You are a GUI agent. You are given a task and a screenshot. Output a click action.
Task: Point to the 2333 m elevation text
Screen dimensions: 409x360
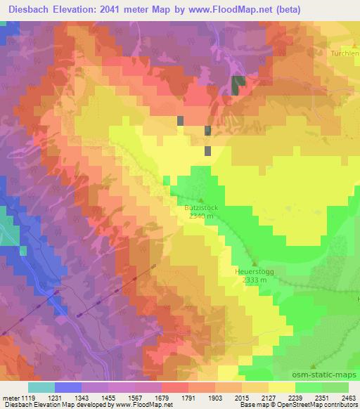point(253,280)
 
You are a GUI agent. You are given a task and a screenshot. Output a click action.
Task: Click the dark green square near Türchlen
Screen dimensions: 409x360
point(238,84)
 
